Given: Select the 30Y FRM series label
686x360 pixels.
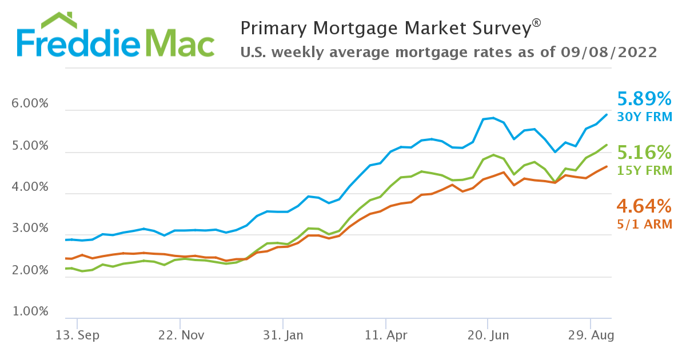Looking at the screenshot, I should pos(644,117).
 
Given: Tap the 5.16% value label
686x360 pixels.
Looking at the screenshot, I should pos(644,153).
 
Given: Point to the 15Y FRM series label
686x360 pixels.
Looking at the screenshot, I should pos(644,170).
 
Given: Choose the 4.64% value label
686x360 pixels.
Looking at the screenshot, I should pos(644,206).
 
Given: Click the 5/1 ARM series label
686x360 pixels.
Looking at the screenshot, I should pos(644,224).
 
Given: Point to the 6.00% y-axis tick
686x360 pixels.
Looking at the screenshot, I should pos(30,105).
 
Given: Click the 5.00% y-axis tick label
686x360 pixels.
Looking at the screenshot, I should pos(30,146).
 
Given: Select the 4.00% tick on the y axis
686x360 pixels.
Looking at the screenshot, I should pos(30,187).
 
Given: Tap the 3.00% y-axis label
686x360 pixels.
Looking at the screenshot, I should pos(30,229).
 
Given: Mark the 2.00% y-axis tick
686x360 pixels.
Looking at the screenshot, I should pos(30,270).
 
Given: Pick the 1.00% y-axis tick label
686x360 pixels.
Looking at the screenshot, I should pos(30,312).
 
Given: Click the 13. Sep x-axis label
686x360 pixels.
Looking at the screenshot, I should pos(77,335).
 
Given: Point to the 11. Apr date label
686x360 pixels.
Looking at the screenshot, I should pos(385,335).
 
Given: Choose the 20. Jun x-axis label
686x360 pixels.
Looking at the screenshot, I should pos(488,335).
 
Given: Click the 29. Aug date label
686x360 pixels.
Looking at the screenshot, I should pos(591,335).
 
